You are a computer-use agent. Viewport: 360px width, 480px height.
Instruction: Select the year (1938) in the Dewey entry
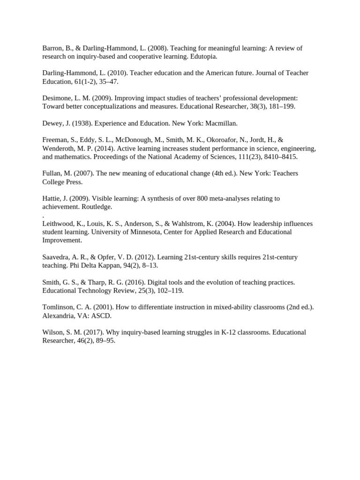[75, 123]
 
